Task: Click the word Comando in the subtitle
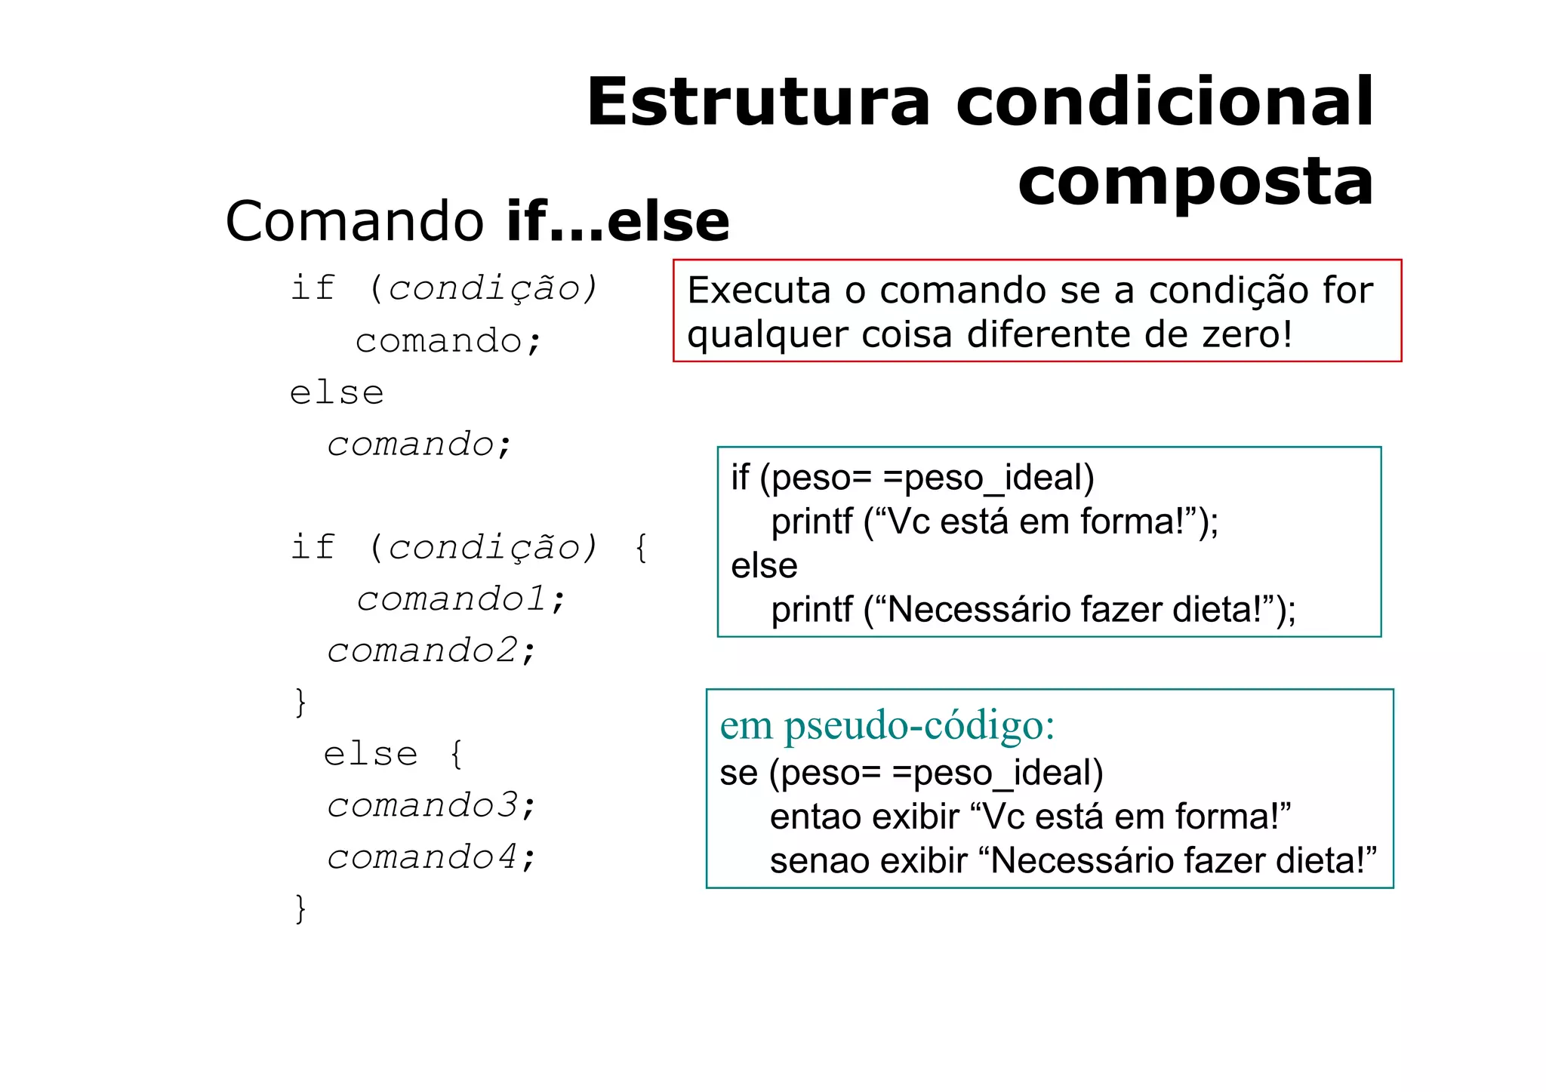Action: pos(355,222)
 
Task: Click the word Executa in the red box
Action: pos(759,291)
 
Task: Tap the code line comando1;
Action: pos(460,599)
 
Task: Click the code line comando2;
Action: pos(431,651)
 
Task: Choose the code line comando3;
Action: pos(431,805)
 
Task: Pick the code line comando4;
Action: pos(431,857)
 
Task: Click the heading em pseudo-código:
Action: pos(887,726)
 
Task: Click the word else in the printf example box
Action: pos(764,566)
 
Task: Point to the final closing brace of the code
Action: pos(300,909)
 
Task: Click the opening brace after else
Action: pos(456,754)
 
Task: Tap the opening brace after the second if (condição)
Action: pos(641,547)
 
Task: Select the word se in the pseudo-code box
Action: pos(738,774)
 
